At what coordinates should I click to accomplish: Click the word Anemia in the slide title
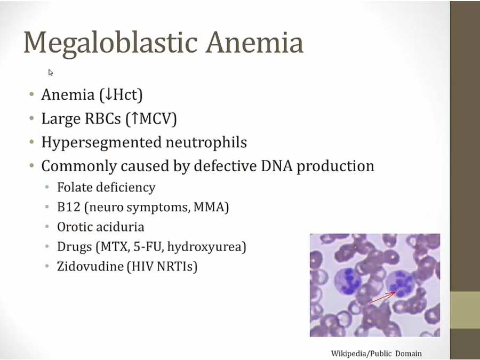254,42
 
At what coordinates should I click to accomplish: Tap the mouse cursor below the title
51,72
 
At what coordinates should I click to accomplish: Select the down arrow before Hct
108,94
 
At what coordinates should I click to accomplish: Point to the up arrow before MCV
134,118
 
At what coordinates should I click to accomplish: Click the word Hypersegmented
101,143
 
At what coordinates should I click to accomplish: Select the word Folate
74,187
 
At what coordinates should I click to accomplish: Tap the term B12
69,207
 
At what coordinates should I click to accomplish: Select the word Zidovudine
90,266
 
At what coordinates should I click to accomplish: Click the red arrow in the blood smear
382,298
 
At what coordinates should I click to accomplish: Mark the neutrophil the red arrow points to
399,284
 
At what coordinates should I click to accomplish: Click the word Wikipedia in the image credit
349,354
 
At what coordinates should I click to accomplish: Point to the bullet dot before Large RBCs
31,117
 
